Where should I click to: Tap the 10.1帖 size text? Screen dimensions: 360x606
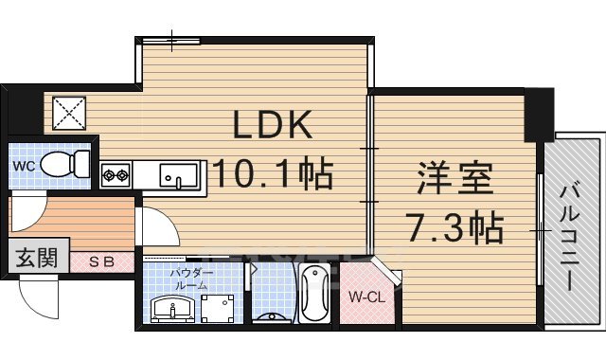pos(272,173)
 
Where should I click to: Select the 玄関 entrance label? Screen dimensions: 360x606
pos(33,259)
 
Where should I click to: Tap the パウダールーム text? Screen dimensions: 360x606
pos(190,279)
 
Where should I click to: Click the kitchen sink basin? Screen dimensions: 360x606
pos(178,176)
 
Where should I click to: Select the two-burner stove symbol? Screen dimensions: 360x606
pos(116,175)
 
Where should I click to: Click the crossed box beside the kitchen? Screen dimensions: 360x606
pos(68,115)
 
